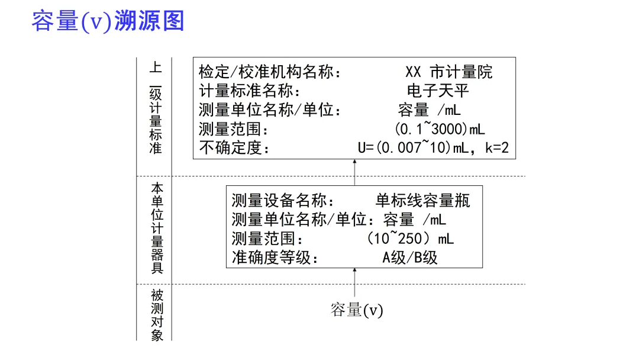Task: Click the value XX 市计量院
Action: (448, 72)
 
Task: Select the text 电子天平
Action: (438, 91)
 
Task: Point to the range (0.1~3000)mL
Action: (439, 129)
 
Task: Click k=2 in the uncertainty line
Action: (496, 147)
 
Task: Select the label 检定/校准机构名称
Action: (269, 72)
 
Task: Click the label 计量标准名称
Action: (249, 91)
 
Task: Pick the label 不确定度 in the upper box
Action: (233, 147)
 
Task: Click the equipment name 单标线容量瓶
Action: (422, 201)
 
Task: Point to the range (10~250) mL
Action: (410, 239)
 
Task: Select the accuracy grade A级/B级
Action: (409, 258)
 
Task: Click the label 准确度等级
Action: (275, 258)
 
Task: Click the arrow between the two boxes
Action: (355, 172)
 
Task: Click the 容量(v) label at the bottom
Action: (357, 310)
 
